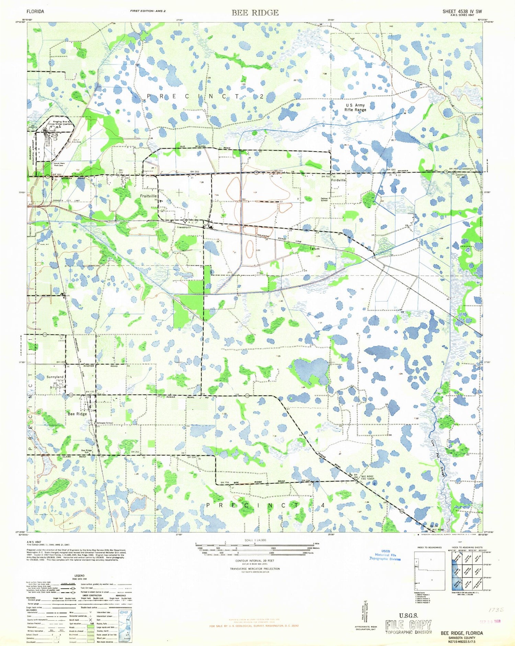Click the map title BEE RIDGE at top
(255, 13)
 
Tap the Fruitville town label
(148, 196)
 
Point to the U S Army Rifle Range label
(355, 107)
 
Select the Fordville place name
(338, 180)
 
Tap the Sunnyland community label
(55, 377)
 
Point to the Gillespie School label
(105, 423)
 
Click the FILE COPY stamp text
(408, 624)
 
